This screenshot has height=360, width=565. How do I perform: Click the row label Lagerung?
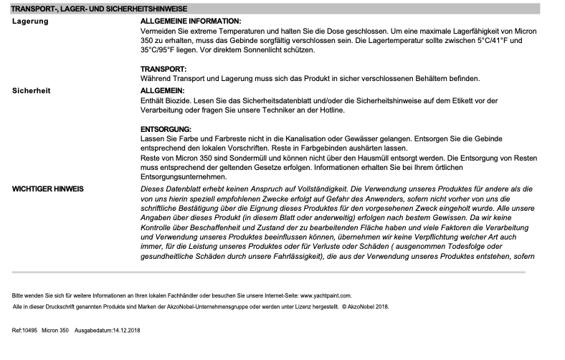point(31,23)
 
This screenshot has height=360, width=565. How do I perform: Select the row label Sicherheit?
point(32,90)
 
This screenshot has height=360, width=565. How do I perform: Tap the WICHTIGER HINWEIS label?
point(48,188)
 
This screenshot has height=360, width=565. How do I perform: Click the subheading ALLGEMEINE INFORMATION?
point(191,23)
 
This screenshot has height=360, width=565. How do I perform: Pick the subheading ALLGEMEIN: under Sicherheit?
point(162,90)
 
